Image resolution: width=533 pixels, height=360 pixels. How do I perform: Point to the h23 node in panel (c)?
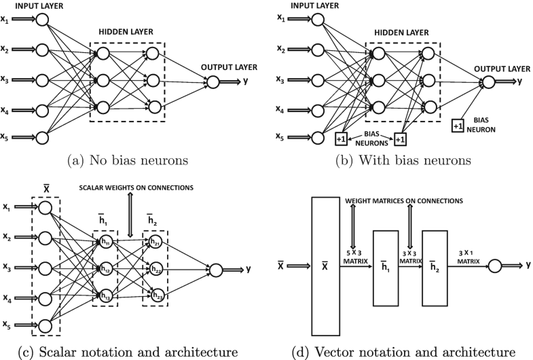tap(156, 296)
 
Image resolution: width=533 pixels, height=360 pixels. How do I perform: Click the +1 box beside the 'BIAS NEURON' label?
tap(458, 126)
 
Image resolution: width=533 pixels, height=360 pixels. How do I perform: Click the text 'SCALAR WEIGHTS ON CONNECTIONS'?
tap(134, 188)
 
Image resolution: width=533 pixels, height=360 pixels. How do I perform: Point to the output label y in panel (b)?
tap(520, 81)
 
